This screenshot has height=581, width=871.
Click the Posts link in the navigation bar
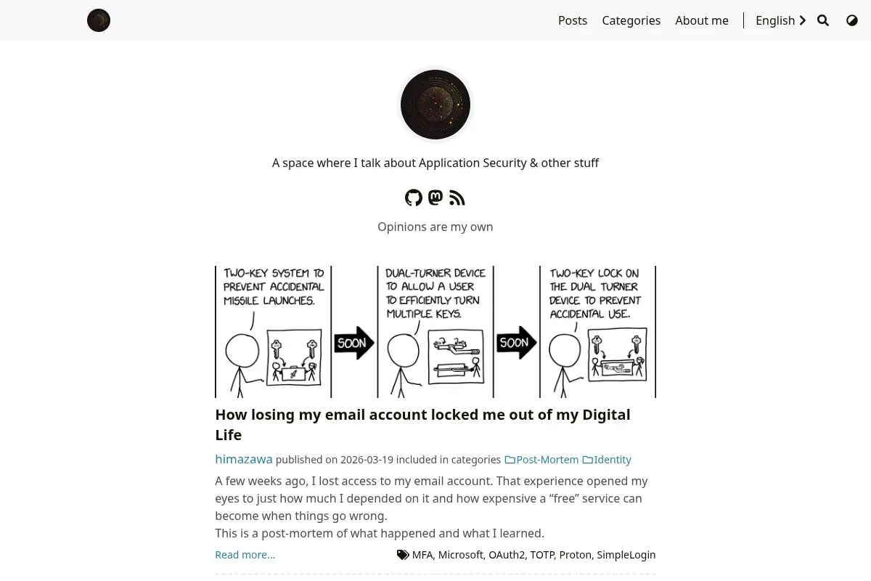[573, 20]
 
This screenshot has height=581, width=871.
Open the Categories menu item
[631, 20]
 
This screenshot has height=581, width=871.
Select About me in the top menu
[702, 20]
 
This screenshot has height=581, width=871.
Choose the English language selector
[781, 20]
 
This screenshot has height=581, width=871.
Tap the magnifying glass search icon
[823, 20]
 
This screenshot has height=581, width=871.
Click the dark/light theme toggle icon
[852, 20]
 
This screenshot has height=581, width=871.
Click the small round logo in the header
[99, 20]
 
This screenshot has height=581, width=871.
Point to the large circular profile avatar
[435, 105]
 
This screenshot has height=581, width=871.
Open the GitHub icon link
[413, 198]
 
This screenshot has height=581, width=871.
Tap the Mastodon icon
[435, 198]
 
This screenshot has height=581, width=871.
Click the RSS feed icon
[457, 198]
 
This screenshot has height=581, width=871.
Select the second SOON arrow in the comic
[516, 343]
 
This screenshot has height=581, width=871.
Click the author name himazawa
[244, 459]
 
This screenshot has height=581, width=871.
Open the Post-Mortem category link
[541, 460]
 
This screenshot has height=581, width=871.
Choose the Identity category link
[607, 460]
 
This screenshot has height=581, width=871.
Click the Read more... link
[245, 555]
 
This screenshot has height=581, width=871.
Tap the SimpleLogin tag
[626, 555]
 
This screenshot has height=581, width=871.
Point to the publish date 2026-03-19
[367, 460]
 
